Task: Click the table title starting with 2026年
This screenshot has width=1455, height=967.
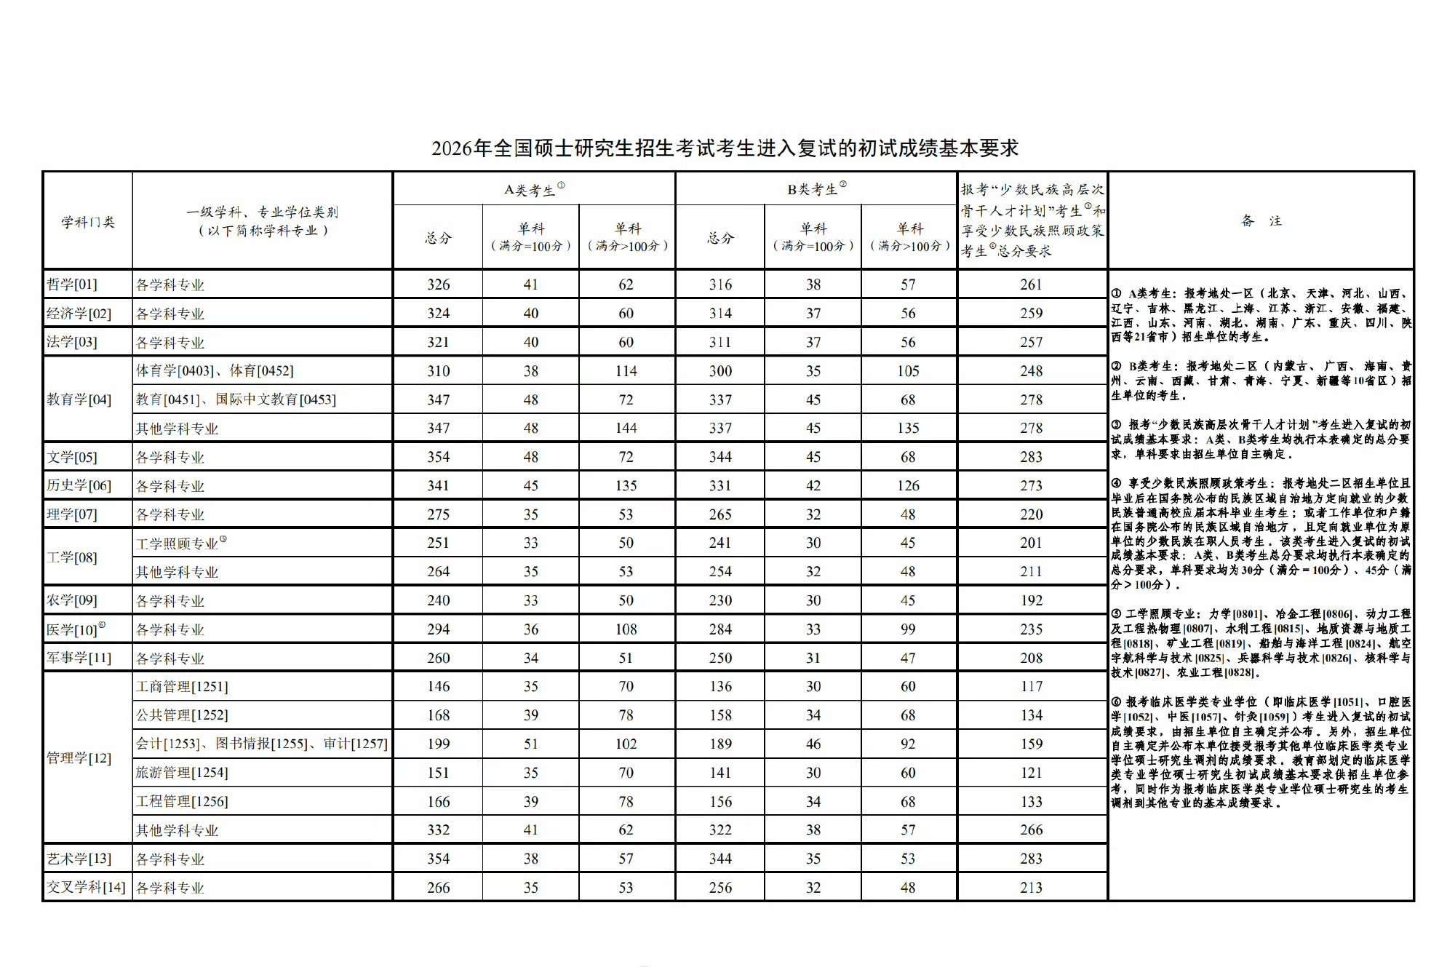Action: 725,148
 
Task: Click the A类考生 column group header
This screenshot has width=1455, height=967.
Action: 533,189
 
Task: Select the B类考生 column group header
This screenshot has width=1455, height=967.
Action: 816,189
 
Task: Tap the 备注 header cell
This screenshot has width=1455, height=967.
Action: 1261,220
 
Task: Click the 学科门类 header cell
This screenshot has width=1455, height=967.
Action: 87,221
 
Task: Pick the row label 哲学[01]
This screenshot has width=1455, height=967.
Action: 72,284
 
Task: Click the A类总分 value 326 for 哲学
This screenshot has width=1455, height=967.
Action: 438,284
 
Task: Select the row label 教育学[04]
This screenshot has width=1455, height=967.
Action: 79,399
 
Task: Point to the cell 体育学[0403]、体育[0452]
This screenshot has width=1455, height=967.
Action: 215,371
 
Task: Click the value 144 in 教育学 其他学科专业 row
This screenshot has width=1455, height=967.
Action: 626,429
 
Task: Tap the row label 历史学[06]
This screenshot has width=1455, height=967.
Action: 79,485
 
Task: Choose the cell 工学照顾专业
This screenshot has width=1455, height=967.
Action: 178,544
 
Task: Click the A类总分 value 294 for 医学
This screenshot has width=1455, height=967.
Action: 438,629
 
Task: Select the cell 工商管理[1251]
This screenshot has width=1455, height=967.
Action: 182,687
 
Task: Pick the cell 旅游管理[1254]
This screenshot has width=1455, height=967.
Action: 182,773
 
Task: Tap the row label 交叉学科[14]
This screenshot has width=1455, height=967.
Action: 86,888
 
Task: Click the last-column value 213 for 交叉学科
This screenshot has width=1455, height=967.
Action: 1031,888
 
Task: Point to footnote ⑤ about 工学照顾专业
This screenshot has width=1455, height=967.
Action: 1260,643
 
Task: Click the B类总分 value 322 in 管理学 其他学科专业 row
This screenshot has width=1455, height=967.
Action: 720,830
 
